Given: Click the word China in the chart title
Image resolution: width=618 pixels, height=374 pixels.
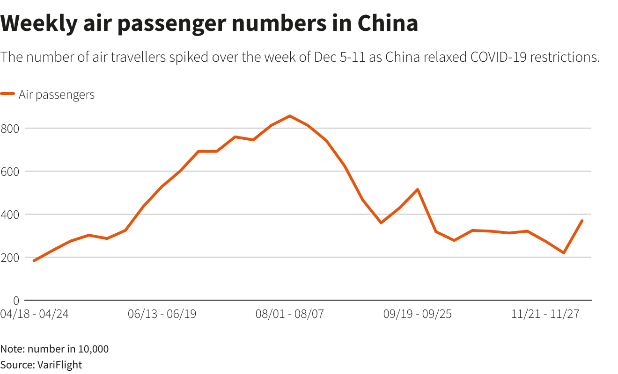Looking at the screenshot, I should (387, 23).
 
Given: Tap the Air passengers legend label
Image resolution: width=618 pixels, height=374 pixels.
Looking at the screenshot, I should (57, 94).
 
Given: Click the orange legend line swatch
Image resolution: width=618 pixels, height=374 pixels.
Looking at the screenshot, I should (8, 94).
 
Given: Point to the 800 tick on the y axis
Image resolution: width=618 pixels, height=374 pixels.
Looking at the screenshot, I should (9, 128).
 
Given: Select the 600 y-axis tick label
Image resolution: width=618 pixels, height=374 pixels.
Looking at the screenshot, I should (9, 171).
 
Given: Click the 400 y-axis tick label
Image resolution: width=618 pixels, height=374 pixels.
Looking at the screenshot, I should (9, 214).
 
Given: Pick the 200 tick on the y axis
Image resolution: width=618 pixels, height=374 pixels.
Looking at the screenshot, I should (9, 257).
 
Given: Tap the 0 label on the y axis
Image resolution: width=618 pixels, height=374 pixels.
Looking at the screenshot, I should (15, 300).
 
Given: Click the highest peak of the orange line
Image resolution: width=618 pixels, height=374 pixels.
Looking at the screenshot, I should (290, 116).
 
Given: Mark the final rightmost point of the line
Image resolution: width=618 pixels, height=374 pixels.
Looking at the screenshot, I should (582, 221).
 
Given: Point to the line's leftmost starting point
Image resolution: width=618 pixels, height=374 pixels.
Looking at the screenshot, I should (34, 261).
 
